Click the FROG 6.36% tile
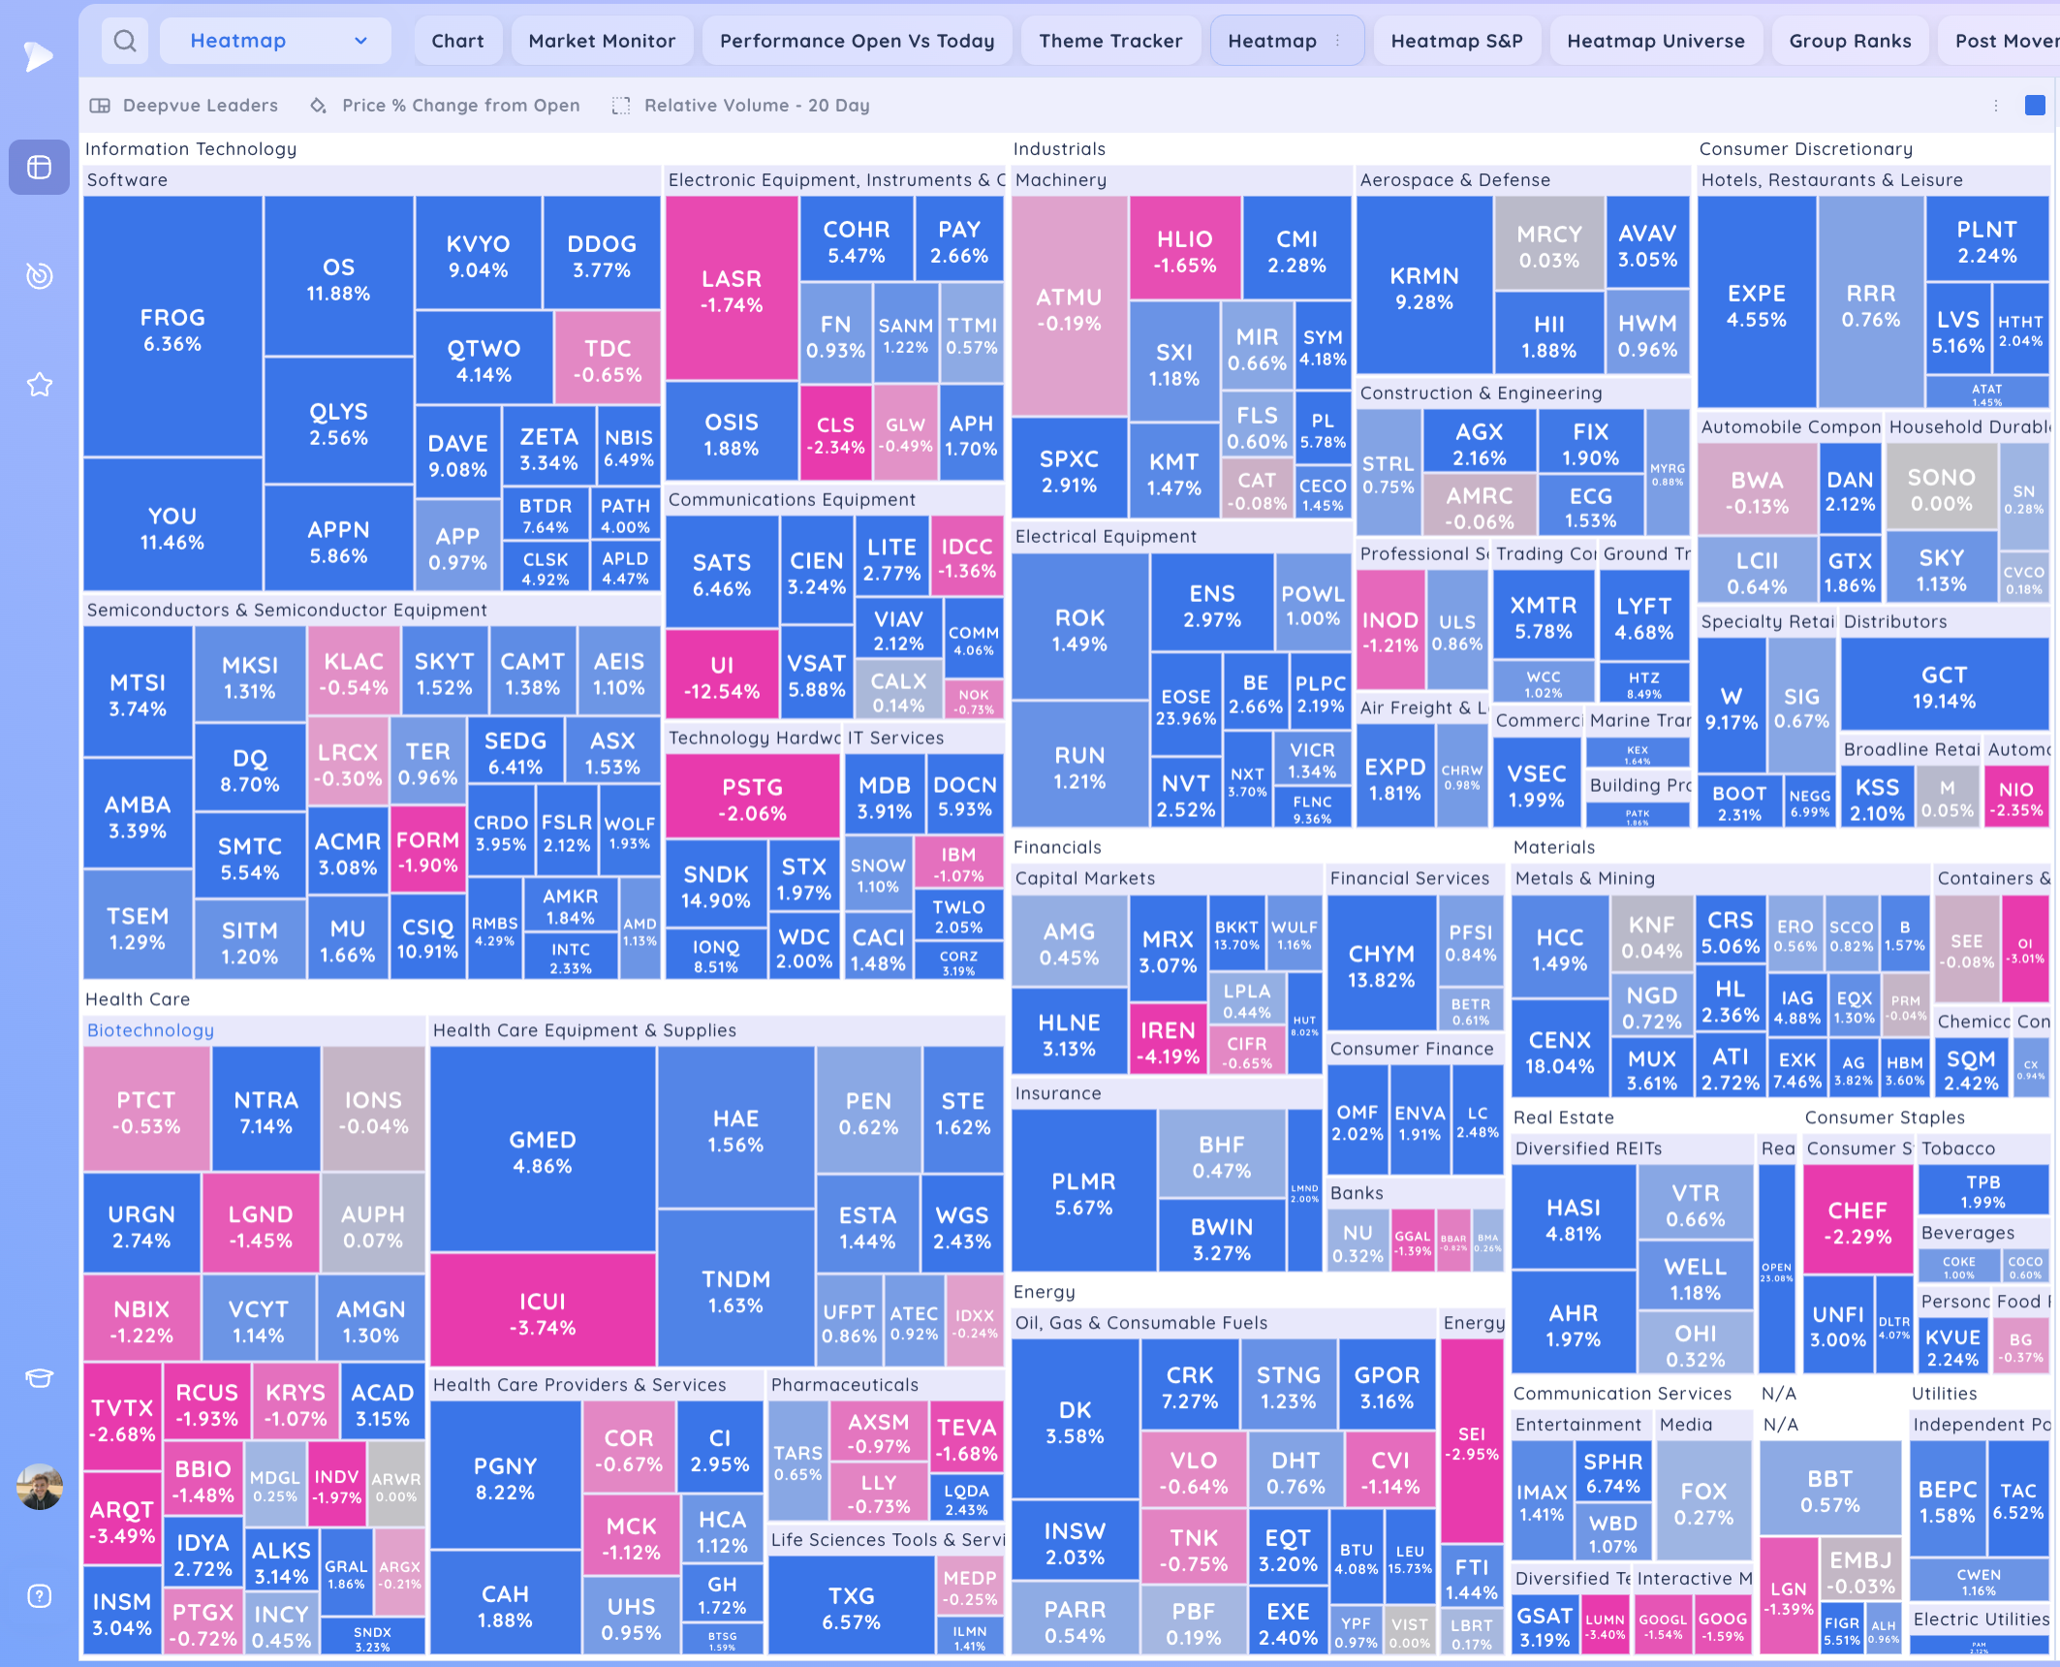coord(172,330)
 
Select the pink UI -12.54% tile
coord(722,677)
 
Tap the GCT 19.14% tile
coord(1944,686)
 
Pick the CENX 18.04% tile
coord(1559,1053)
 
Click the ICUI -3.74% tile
coord(543,1313)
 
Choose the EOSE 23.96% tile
coord(1186,707)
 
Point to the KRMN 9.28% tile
coord(1423,288)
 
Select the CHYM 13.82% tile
coord(1381,965)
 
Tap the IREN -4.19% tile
coord(1168,1042)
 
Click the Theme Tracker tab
coord(1110,41)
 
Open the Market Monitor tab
coord(602,41)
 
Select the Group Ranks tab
coord(1850,41)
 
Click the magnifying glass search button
coord(125,41)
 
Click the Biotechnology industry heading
coord(150,1030)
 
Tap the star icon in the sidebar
coord(40,385)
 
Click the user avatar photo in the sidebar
coord(40,1486)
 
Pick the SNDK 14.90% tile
coord(716,886)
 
